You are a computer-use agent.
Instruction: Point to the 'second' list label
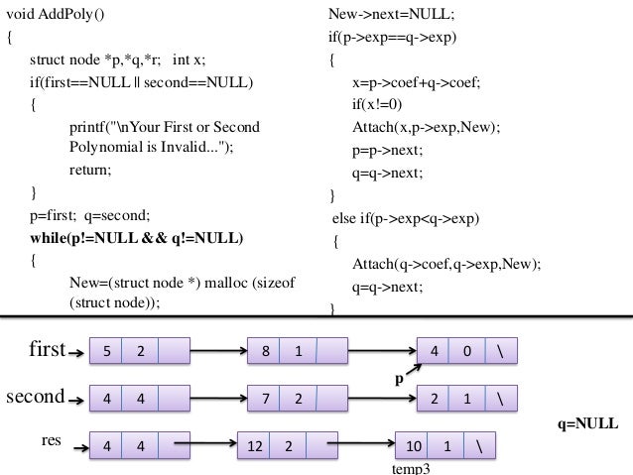tap(36, 397)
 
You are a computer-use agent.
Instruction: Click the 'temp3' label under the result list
tap(412, 468)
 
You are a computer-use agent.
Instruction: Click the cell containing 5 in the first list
tap(106, 351)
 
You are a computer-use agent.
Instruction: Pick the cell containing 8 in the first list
tap(263, 351)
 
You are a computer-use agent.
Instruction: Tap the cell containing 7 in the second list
tap(263, 399)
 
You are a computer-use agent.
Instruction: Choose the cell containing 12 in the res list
tap(254, 445)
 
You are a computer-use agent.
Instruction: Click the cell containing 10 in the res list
tap(414, 445)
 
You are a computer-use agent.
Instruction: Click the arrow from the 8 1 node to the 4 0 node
tap(382, 351)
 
